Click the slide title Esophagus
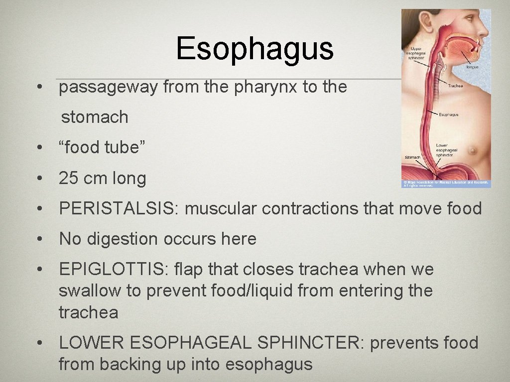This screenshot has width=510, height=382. click(255, 49)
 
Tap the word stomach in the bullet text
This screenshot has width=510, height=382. click(95, 117)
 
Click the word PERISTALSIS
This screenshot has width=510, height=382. click(118, 208)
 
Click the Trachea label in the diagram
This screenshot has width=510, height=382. click(455, 86)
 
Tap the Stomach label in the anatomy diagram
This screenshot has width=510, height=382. click(412, 157)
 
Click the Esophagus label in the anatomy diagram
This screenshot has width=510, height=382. click(448, 115)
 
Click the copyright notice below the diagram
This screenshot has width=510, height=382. click(446, 184)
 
